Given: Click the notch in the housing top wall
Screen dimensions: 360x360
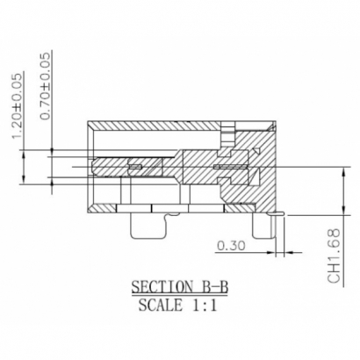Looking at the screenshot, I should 228,133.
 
